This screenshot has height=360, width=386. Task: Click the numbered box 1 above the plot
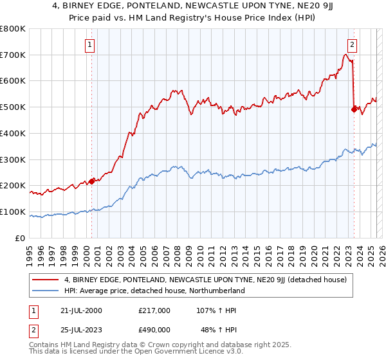click(x=89, y=45)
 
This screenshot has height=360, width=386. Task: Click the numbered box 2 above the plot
click(x=353, y=45)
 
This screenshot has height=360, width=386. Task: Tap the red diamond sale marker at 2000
click(x=92, y=181)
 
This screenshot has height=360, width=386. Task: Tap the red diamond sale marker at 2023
click(x=354, y=109)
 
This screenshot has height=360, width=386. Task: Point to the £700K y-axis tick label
click(x=13, y=55)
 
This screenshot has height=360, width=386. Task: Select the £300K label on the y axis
click(x=13, y=159)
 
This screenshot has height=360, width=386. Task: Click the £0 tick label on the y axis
click(x=20, y=238)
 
